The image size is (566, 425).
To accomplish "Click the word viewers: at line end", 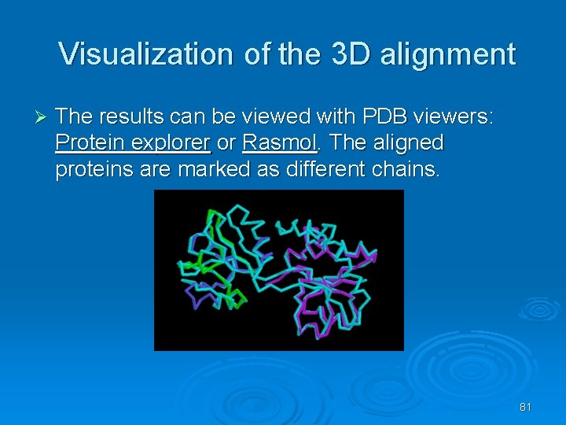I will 457,117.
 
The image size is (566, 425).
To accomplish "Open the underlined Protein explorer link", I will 132,143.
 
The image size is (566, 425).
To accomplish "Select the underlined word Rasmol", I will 280,143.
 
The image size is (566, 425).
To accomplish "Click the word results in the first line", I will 136,117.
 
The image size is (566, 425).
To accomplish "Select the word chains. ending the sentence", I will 401,169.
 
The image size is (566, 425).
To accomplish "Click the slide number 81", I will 525,407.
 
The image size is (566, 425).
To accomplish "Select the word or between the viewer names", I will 226,143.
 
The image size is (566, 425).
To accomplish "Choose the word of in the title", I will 255,54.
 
